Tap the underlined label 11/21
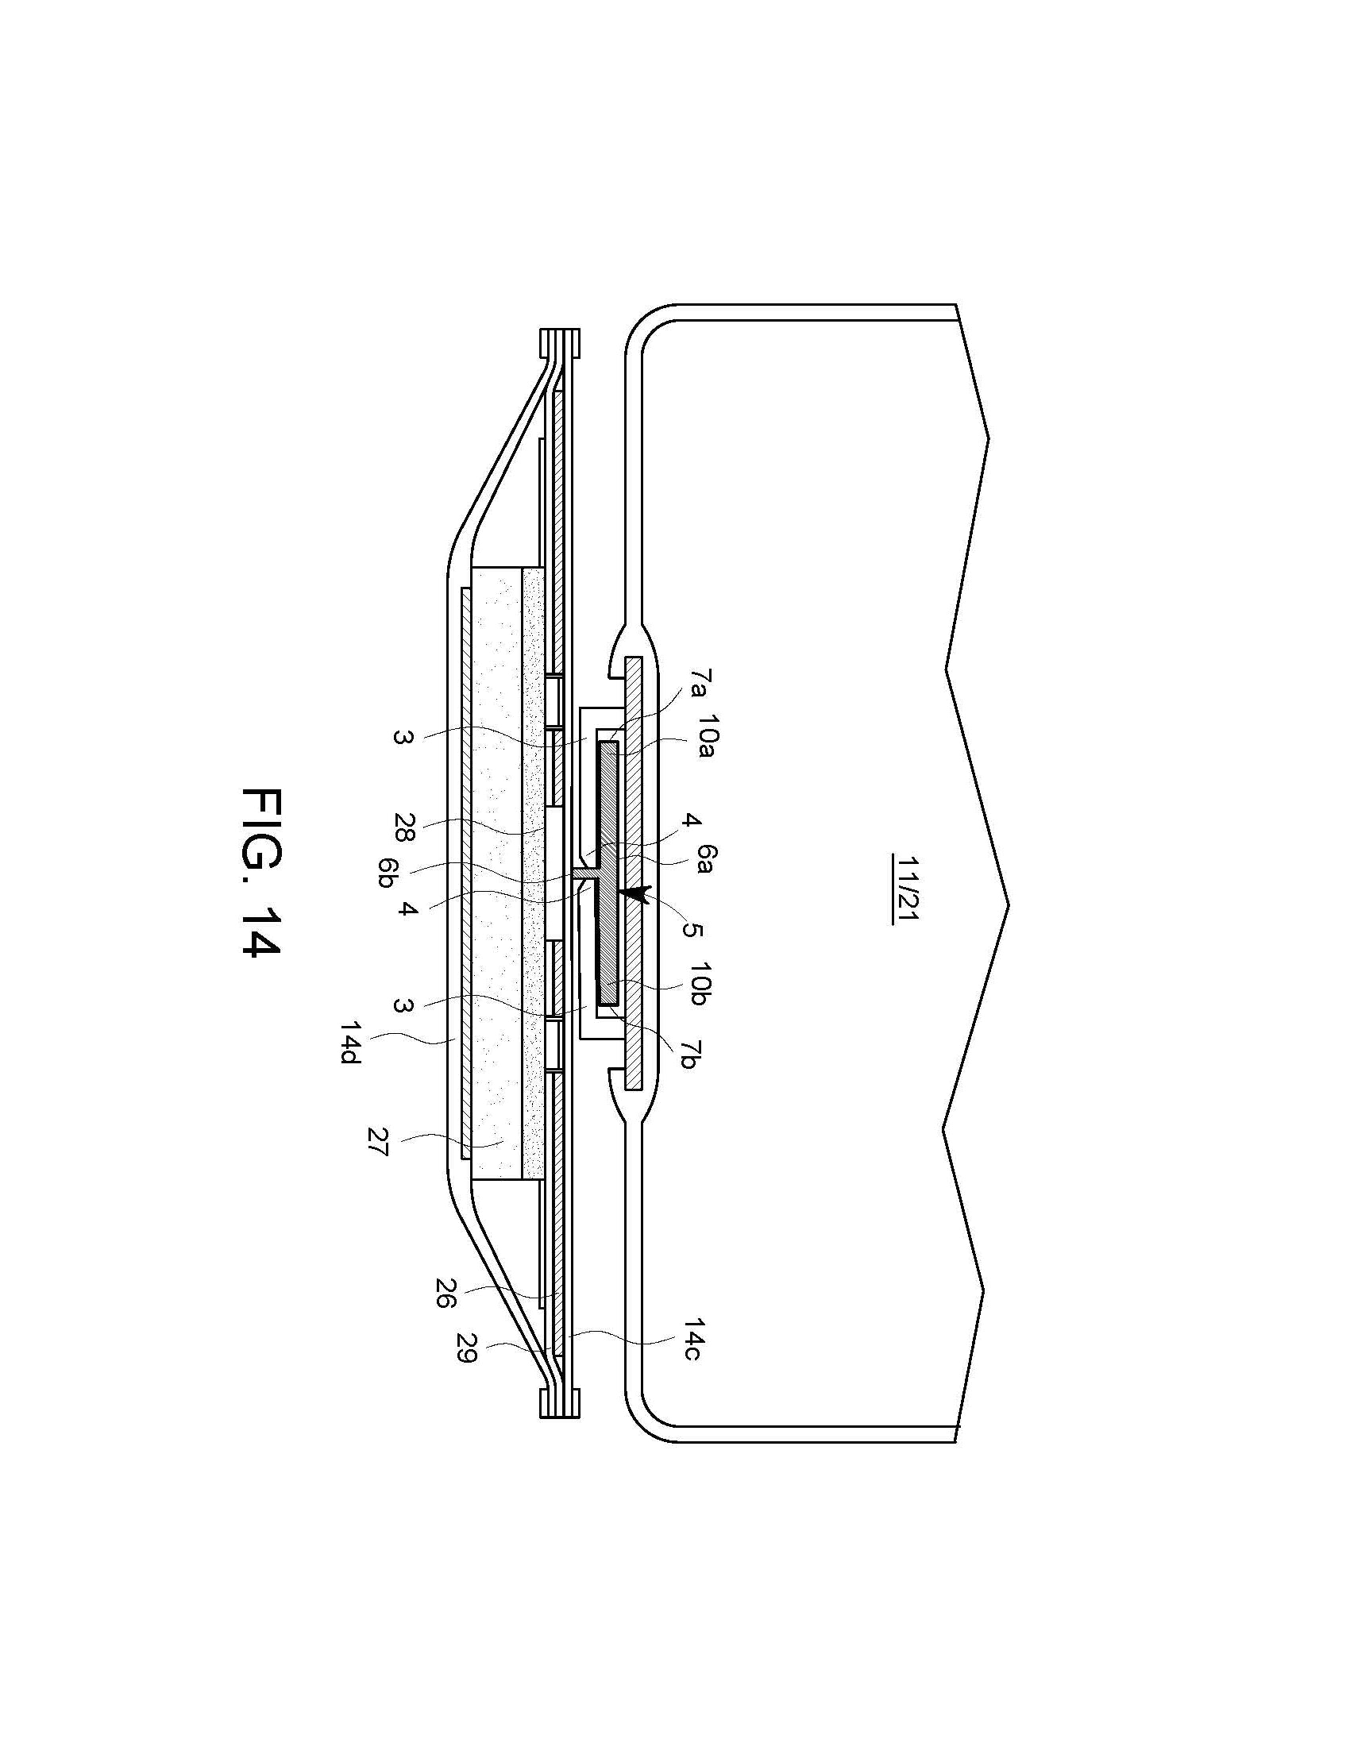tap(907, 889)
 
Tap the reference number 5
tap(692, 930)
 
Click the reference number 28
tap(404, 828)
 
